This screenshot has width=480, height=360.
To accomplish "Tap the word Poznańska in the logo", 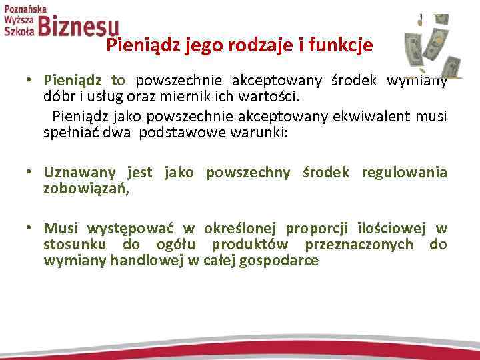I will coord(25,8).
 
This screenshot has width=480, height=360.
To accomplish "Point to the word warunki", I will coord(265,132).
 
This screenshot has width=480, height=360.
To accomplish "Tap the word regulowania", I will coord(404,173).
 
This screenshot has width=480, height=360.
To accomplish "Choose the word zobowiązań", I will coord(84,189).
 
